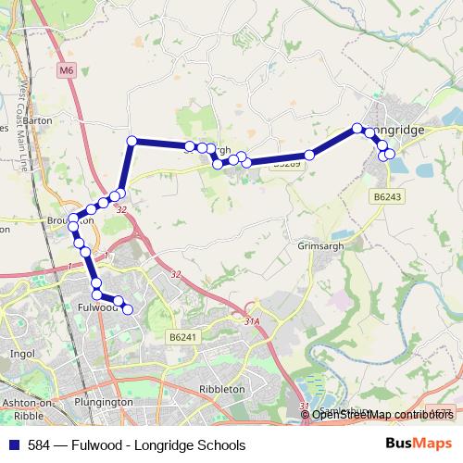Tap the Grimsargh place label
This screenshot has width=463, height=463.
click(320, 247)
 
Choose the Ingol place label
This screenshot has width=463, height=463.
click(20, 354)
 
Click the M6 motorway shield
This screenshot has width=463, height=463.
click(64, 69)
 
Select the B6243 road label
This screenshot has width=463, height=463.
click(386, 196)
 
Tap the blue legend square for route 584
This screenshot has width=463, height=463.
click(12, 444)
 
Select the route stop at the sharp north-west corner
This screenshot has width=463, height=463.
click(131, 141)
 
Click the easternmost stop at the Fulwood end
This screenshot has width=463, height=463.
click(128, 308)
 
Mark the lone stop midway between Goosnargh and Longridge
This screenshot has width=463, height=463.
click(309, 155)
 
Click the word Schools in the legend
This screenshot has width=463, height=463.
click(223, 444)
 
